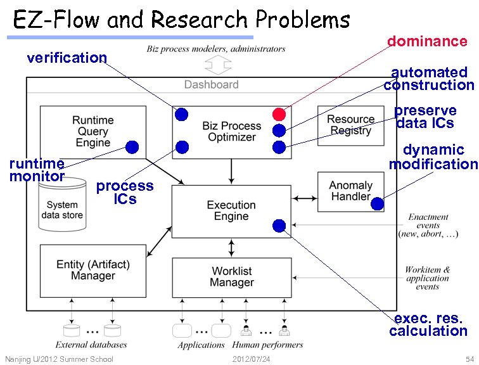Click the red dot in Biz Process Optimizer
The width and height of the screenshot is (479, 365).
(279, 114)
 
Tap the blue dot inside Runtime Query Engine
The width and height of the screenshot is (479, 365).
(132, 147)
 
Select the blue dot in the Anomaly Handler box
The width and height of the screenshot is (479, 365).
(377, 203)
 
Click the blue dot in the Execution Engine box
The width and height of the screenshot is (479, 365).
(279, 226)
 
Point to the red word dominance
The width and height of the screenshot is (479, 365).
(428, 41)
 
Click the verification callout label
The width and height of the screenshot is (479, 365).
(67, 58)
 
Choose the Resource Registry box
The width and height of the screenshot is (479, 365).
(351, 125)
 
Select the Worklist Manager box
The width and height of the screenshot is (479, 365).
(232, 278)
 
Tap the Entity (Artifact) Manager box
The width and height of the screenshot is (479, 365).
(93, 271)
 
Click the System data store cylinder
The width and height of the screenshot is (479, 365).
(62, 205)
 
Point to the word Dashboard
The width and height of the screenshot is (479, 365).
(212, 85)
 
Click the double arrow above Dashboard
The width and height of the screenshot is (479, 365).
(218, 65)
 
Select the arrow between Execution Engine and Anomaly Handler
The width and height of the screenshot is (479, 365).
(305, 198)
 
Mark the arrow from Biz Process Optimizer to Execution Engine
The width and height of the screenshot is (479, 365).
(231, 171)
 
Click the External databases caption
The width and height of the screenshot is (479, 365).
(91, 345)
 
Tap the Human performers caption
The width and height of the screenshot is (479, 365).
(267, 345)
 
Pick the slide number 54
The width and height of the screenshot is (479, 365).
(469, 359)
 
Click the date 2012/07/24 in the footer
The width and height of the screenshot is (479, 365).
(251, 359)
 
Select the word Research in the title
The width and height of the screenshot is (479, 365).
(199, 19)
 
